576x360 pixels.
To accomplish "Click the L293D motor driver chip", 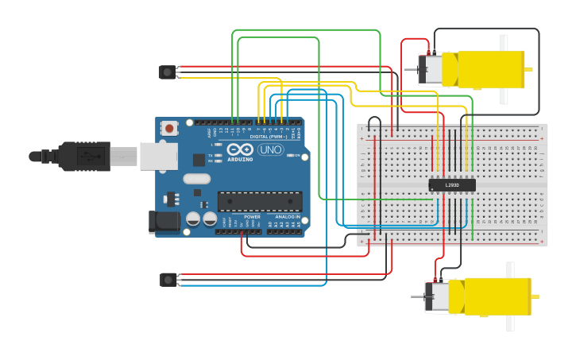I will point(452,185).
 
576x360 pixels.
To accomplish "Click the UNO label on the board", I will point(271,149).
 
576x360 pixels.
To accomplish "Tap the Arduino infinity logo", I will point(239,149).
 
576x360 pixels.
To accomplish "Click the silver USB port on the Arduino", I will point(158,157).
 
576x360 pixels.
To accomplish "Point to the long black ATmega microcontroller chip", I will point(260,202).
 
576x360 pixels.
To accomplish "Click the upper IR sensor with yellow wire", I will point(167,72).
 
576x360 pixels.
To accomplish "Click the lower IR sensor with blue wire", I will point(168,280).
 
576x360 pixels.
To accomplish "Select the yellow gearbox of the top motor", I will point(485,69).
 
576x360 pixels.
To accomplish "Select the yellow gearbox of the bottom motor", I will point(493,296).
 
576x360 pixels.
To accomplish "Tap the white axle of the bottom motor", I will point(510,296).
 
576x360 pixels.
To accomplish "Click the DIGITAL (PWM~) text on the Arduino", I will point(268,136).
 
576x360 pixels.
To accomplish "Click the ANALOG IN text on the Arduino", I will point(287,217).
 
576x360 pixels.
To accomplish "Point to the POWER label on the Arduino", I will point(252,217).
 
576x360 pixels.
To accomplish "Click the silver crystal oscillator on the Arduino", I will point(196,179).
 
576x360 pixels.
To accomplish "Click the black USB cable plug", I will point(83,157).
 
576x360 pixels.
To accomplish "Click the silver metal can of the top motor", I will point(431,68).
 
